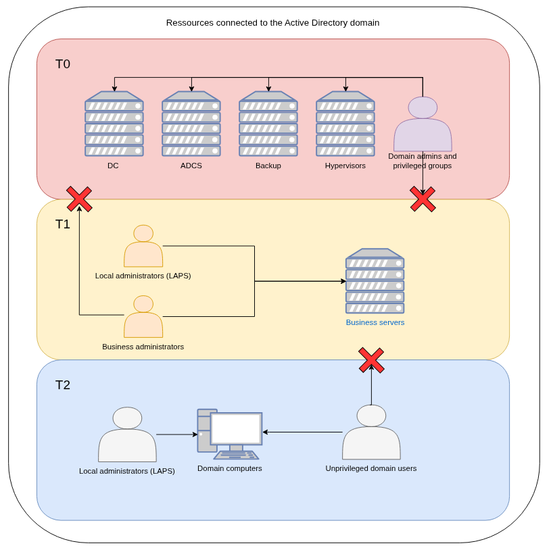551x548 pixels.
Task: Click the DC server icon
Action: pos(114,124)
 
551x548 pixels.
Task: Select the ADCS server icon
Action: pos(191,124)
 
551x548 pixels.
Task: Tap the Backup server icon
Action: pos(268,124)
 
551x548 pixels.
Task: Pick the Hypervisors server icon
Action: pos(345,124)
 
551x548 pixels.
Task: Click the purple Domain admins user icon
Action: pos(423,124)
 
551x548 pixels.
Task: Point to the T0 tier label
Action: pos(63,64)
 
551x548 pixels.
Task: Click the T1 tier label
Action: pos(63,224)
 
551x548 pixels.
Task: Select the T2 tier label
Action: pos(63,385)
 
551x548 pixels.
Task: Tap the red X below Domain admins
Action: pos(423,199)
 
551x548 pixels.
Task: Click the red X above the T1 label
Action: pos(79,199)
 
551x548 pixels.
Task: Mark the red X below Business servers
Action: pos(371,360)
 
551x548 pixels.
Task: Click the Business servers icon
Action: pos(375,281)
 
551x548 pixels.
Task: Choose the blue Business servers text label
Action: pos(375,322)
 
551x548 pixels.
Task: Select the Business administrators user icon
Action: pos(143,317)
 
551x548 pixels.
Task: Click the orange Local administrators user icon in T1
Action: pos(143,247)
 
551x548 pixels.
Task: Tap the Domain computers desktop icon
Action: pos(229,434)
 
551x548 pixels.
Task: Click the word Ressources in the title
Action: pos(189,23)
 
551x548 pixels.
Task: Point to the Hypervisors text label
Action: pos(345,166)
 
